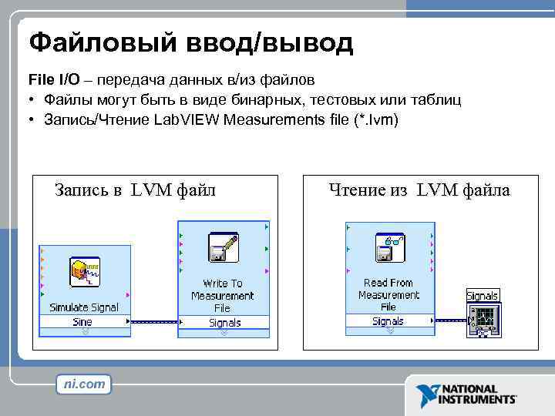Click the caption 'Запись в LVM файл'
pyautogui.click(x=135, y=190)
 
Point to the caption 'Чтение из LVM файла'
pyautogui.click(x=419, y=190)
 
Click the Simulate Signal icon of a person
pyautogui.click(x=82, y=273)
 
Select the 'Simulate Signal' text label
pyautogui.click(x=84, y=307)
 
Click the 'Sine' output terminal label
pyautogui.click(x=82, y=322)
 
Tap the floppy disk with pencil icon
pyautogui.click(x=223, y=249)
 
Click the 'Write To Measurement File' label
pyautogui.click(x=223, y=295)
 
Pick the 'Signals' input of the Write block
pyautogui.click(x=224, y=323)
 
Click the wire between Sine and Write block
pyautogui.click(x=153, y=322)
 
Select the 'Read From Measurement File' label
pyautogui.click(x=388, y=294)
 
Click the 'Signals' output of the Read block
pyautogui.click(x=388, y=321)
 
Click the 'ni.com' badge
pyautogui.click(x=83, y=384)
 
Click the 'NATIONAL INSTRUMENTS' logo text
pyautogui.click(x=477, y=394)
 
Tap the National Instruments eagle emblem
pyautogui.click(x=426, y=394)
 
